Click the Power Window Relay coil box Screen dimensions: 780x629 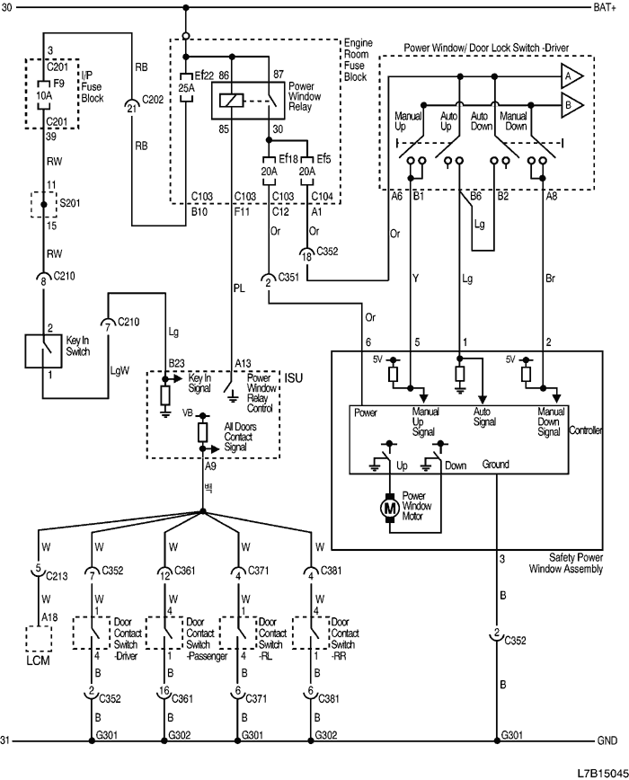232,102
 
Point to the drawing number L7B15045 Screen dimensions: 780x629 603,770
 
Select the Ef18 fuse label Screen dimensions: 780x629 287,158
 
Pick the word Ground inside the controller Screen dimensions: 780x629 495,465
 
